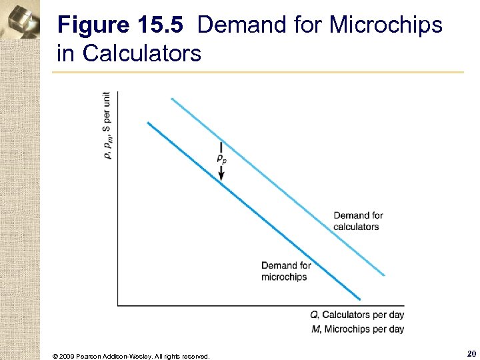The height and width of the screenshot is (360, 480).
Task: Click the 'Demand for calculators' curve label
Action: coord(358,221)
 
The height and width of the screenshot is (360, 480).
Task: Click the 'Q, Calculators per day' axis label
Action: coord(357,315)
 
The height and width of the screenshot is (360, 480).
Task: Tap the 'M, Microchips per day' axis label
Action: coord(357,329)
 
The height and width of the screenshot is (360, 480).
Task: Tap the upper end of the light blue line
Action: coord(172,99)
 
